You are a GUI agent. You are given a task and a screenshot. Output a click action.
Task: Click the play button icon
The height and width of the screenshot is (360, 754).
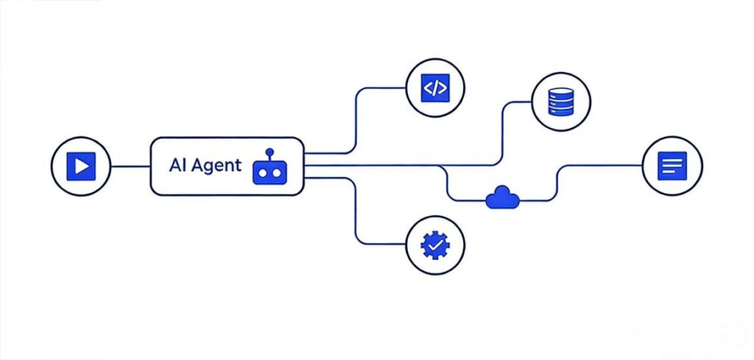pos(80,166)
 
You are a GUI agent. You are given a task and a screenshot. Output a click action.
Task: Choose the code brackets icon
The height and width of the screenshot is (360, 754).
pos(434,88)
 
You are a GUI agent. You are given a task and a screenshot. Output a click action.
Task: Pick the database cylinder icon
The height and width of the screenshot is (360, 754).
pos(562,102)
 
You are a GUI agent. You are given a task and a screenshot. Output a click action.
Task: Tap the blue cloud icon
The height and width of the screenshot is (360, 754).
pos(503,197)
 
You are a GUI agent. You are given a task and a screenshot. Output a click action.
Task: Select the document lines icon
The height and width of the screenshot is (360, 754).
pos(672,166)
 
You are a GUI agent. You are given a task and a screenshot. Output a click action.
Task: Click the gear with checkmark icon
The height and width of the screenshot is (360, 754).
pos(434,244)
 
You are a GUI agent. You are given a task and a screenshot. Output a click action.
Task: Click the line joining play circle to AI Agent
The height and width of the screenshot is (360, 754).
pos(130,166)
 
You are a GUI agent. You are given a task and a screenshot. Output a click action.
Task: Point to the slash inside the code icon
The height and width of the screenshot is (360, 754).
pos(434,88)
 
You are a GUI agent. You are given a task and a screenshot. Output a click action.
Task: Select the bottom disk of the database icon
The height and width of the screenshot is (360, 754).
pos(562,112)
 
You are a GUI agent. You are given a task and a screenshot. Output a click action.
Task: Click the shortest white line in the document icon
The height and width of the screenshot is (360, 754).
pos(667,173)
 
